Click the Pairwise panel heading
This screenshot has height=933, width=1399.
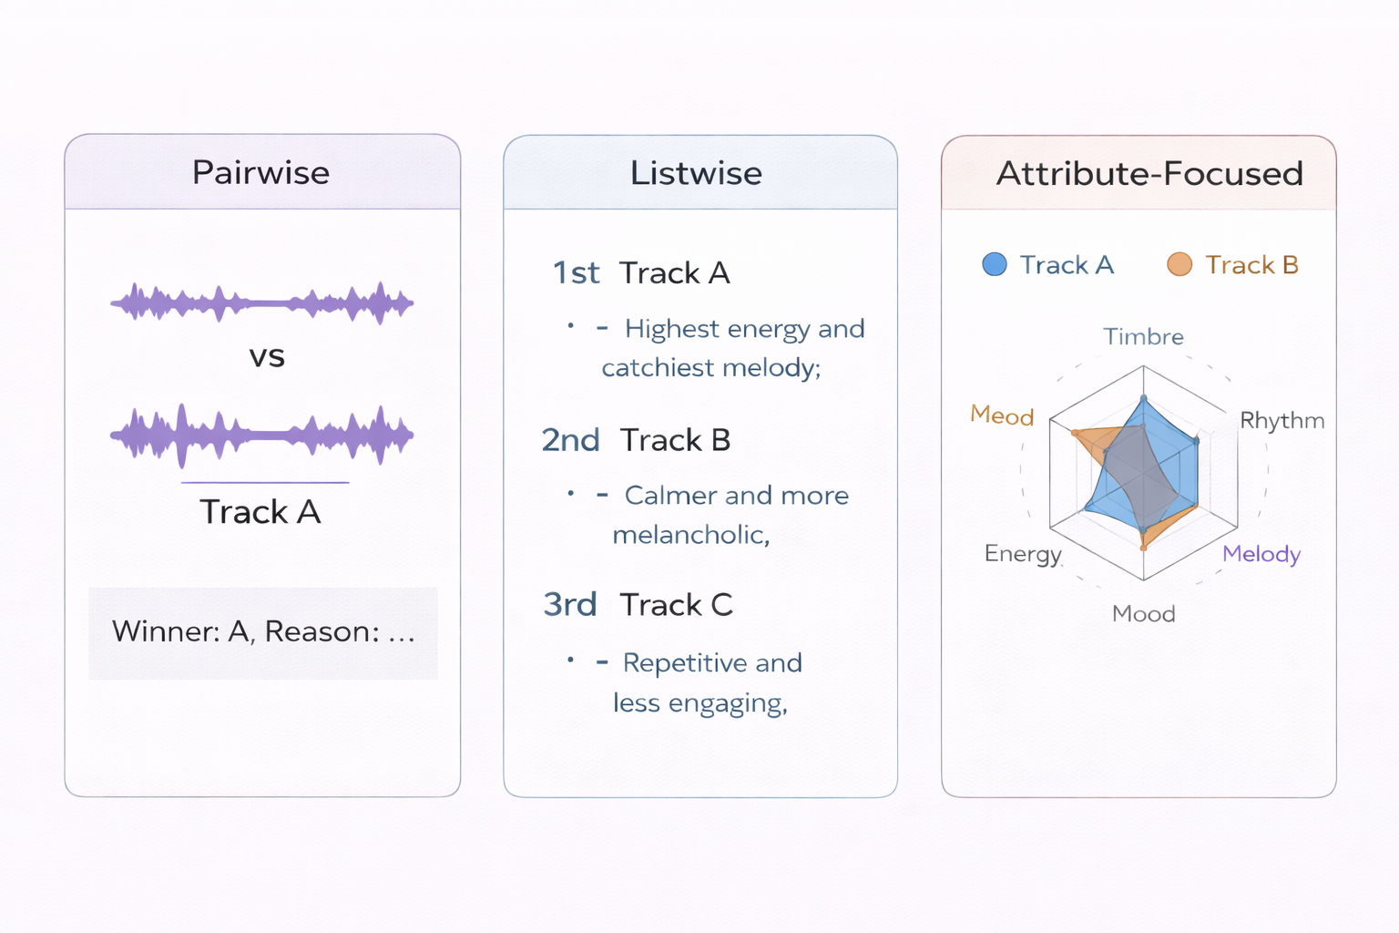260,172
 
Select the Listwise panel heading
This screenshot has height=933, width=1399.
696,173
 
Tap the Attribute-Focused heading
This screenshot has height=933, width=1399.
1149,173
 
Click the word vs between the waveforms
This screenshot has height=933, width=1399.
267,356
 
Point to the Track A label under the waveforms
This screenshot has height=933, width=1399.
260,512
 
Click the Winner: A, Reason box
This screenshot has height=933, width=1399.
263,632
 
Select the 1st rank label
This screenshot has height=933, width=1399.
577,272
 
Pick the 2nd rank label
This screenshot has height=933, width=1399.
571,440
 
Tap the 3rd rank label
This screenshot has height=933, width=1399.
570,605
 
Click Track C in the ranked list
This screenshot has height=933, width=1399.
676,605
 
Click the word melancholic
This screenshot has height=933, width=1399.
690,535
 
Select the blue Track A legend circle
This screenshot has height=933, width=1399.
995,265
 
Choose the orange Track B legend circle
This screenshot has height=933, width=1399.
1179,265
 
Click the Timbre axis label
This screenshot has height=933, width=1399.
1143,337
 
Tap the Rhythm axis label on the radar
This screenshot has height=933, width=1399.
1282,420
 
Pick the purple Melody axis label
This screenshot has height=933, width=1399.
1261,554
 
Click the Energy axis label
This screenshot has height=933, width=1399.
1023,554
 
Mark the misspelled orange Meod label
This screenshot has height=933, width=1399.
1002,415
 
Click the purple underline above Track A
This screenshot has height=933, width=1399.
265,482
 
